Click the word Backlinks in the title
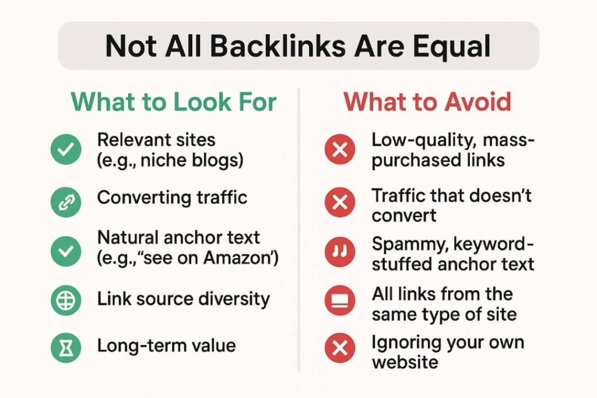coord(278,46)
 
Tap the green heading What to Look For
coord(174,101)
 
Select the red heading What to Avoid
coord(427,101)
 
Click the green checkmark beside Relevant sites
coord(66,149)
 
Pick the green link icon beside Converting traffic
coord(66,202)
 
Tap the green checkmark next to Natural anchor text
coord(66,251)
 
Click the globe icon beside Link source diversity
coord(66,301)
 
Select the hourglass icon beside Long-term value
coord(66,347)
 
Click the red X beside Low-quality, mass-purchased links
coord(340,149)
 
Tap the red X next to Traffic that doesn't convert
coord(340,202)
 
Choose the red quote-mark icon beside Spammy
coord(340,251)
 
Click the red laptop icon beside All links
coord(340,301)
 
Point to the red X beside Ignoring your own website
coord(340,347)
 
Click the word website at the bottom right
coord(405,361)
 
